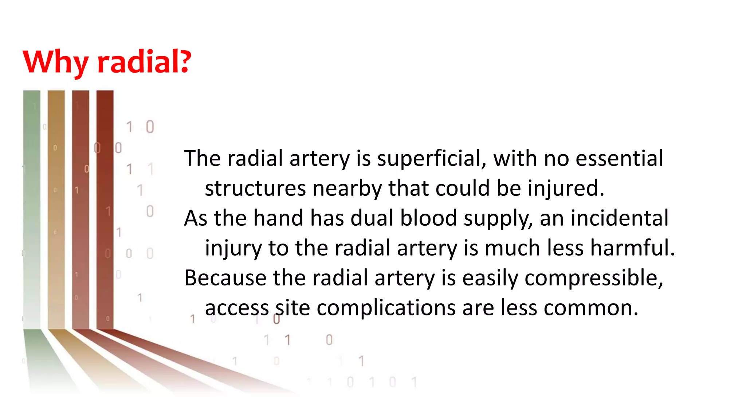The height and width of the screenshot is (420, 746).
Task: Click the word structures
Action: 255,188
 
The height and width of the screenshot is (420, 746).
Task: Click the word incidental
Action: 619,218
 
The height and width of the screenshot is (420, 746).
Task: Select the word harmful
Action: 632,248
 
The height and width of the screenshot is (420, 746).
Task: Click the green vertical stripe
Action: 32,208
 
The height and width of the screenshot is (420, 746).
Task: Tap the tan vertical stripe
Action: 56,208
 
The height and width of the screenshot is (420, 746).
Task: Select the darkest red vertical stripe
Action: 105,208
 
